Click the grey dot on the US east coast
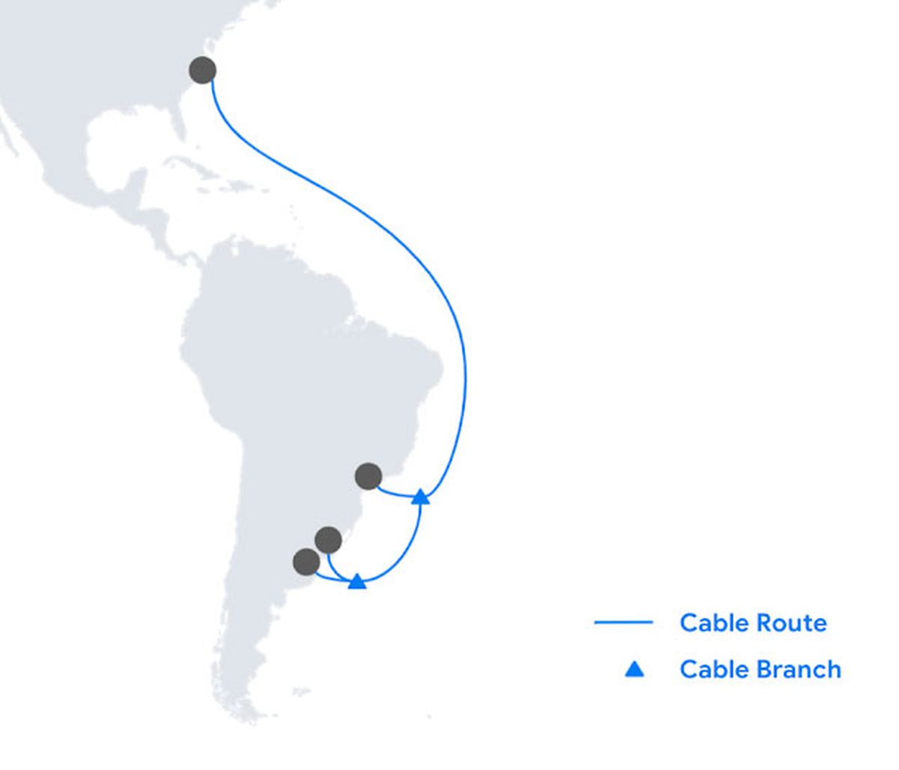(202, 70)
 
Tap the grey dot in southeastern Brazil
(368, 476)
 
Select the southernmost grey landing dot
(306, 562)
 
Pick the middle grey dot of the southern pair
(328, 539)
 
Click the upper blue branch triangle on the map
(421, 497)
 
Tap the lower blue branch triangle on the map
(357, 581)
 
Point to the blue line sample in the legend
(623, 622)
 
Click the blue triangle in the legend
(635, 669)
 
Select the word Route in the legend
(791, 622)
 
